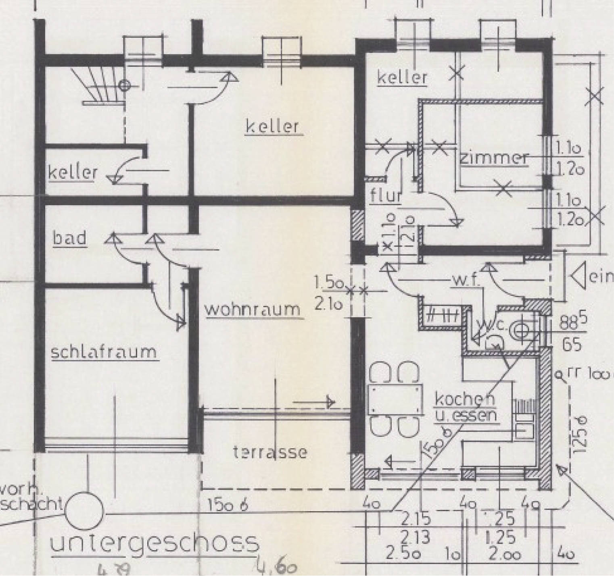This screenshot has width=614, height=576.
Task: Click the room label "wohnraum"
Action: click(253, 310)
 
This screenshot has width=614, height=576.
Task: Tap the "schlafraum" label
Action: click(104, 352)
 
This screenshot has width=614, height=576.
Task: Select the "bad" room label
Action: click(70, 238)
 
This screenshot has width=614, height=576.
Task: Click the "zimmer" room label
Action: click(494, 158)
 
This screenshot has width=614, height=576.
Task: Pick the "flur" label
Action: click(386, 196)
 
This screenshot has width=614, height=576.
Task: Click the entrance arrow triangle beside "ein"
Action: click(578, 277)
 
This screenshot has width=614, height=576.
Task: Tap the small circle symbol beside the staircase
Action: click(125, 85)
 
